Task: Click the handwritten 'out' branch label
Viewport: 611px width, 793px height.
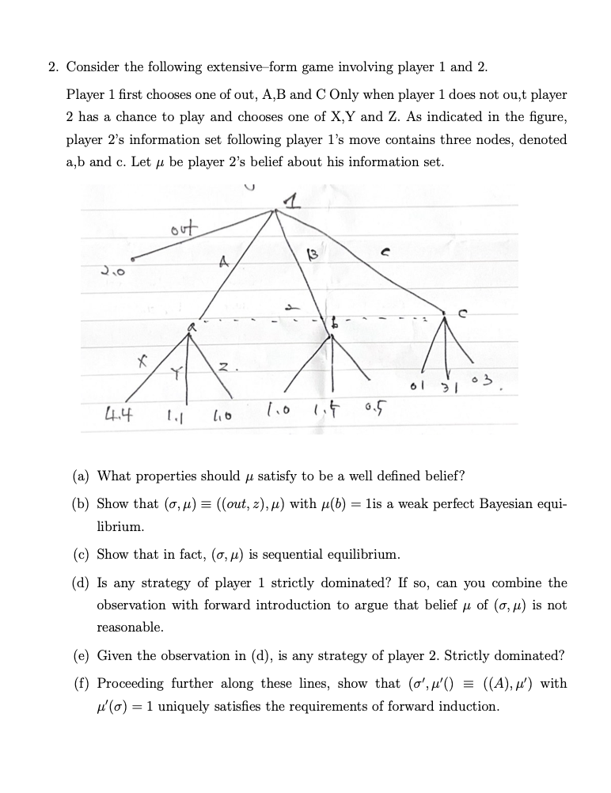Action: point(181,227)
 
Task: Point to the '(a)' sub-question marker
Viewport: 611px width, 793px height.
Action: point(80,476)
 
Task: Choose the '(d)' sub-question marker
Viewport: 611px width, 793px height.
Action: point(80,582)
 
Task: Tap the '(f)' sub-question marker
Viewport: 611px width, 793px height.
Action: point(80,683)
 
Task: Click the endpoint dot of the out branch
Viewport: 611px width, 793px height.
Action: point(132,259)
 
